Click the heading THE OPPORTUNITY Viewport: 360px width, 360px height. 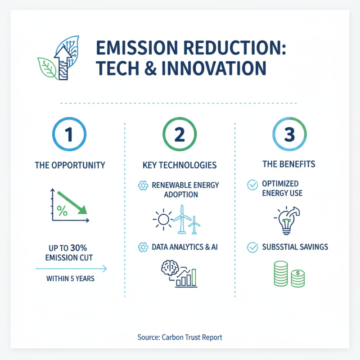pos(70,165)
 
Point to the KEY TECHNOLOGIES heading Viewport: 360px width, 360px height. pos(180,165)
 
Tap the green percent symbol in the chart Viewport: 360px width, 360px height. pos(62,210)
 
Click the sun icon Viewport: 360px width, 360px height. pos(162,220)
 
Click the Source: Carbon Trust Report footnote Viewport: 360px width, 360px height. pos(180,337)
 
